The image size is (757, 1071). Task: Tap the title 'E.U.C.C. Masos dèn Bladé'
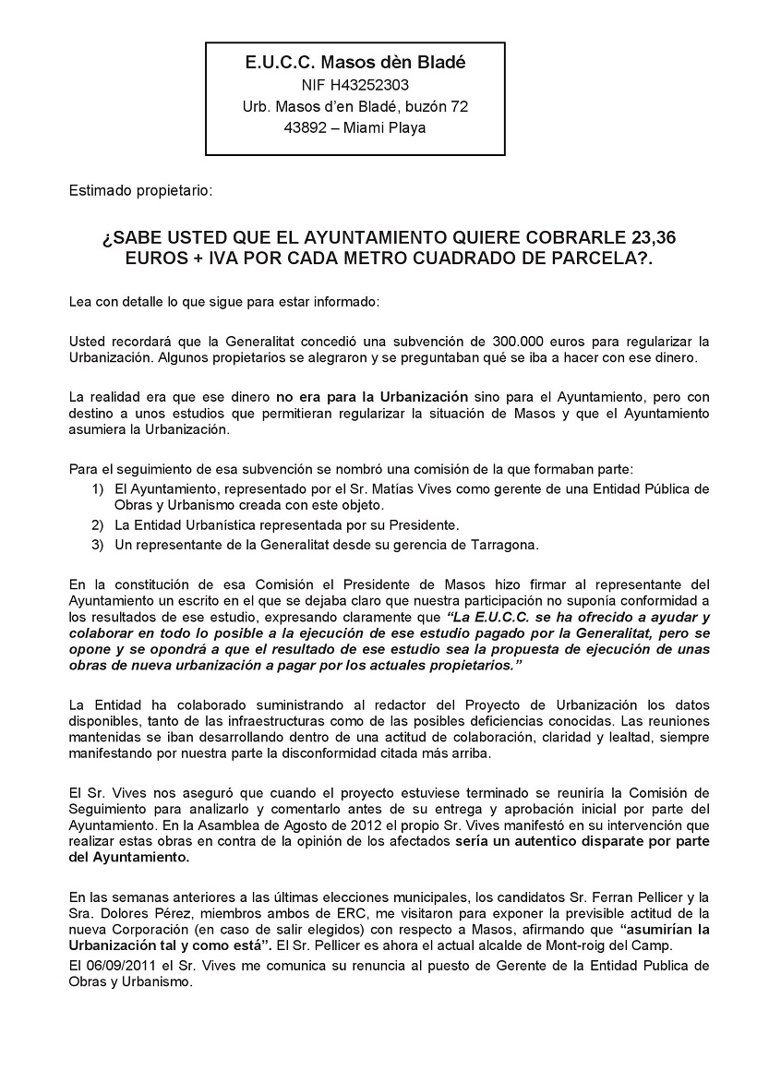355,63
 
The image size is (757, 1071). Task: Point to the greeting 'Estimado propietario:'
140,191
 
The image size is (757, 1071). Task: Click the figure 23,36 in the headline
651,237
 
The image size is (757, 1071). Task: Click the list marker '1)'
97,488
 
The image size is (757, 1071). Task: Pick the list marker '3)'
97,544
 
